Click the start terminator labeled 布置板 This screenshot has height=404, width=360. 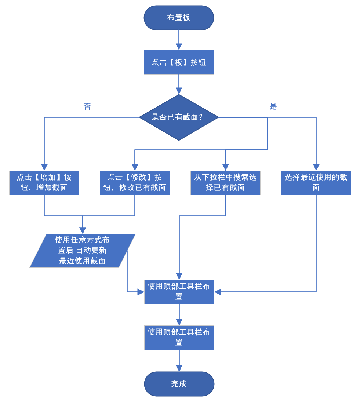pyautogui.click(x=179, y=18)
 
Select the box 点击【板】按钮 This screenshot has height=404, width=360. pyautogui.click(x=179, y=62)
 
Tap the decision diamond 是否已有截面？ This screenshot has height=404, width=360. pyautogui.click(x=179, y=117)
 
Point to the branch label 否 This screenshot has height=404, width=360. pyautogui.click(x=87, y=107)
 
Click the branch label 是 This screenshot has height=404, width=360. pyautogui.click(x=273, y=107)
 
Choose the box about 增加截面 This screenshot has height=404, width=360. pyautogui.click(x=44, y=182)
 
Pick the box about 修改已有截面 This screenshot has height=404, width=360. pyautogui.click(x=135, y=182)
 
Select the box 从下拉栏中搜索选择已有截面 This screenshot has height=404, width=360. pyautogui.click(x=225, y=182)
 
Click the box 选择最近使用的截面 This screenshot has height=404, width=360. pyautogui.click(x=316, y=182)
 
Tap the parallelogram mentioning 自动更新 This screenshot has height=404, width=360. pyautogui.click(x=83, y=251)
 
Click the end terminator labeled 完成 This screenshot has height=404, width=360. pyautogui.click(x=179, y=384)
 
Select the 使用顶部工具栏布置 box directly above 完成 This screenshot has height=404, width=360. pyautogui.click(x=179, y=337)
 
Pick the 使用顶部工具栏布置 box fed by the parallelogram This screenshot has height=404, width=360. pyautogui.click(x=179, y=292)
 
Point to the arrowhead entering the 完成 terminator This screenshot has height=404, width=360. pyautogui.click(x=179, y=368)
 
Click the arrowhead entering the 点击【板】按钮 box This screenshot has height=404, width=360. pyautogui.click(x=179, y=47)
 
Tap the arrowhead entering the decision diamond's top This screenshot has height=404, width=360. pyautogui.click(x=179, y=91)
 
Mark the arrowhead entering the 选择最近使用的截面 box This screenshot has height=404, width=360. pyautogui.click(x=316, y=167)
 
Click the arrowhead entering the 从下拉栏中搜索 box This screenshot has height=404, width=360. pyautogui.click(x=225, y=167)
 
